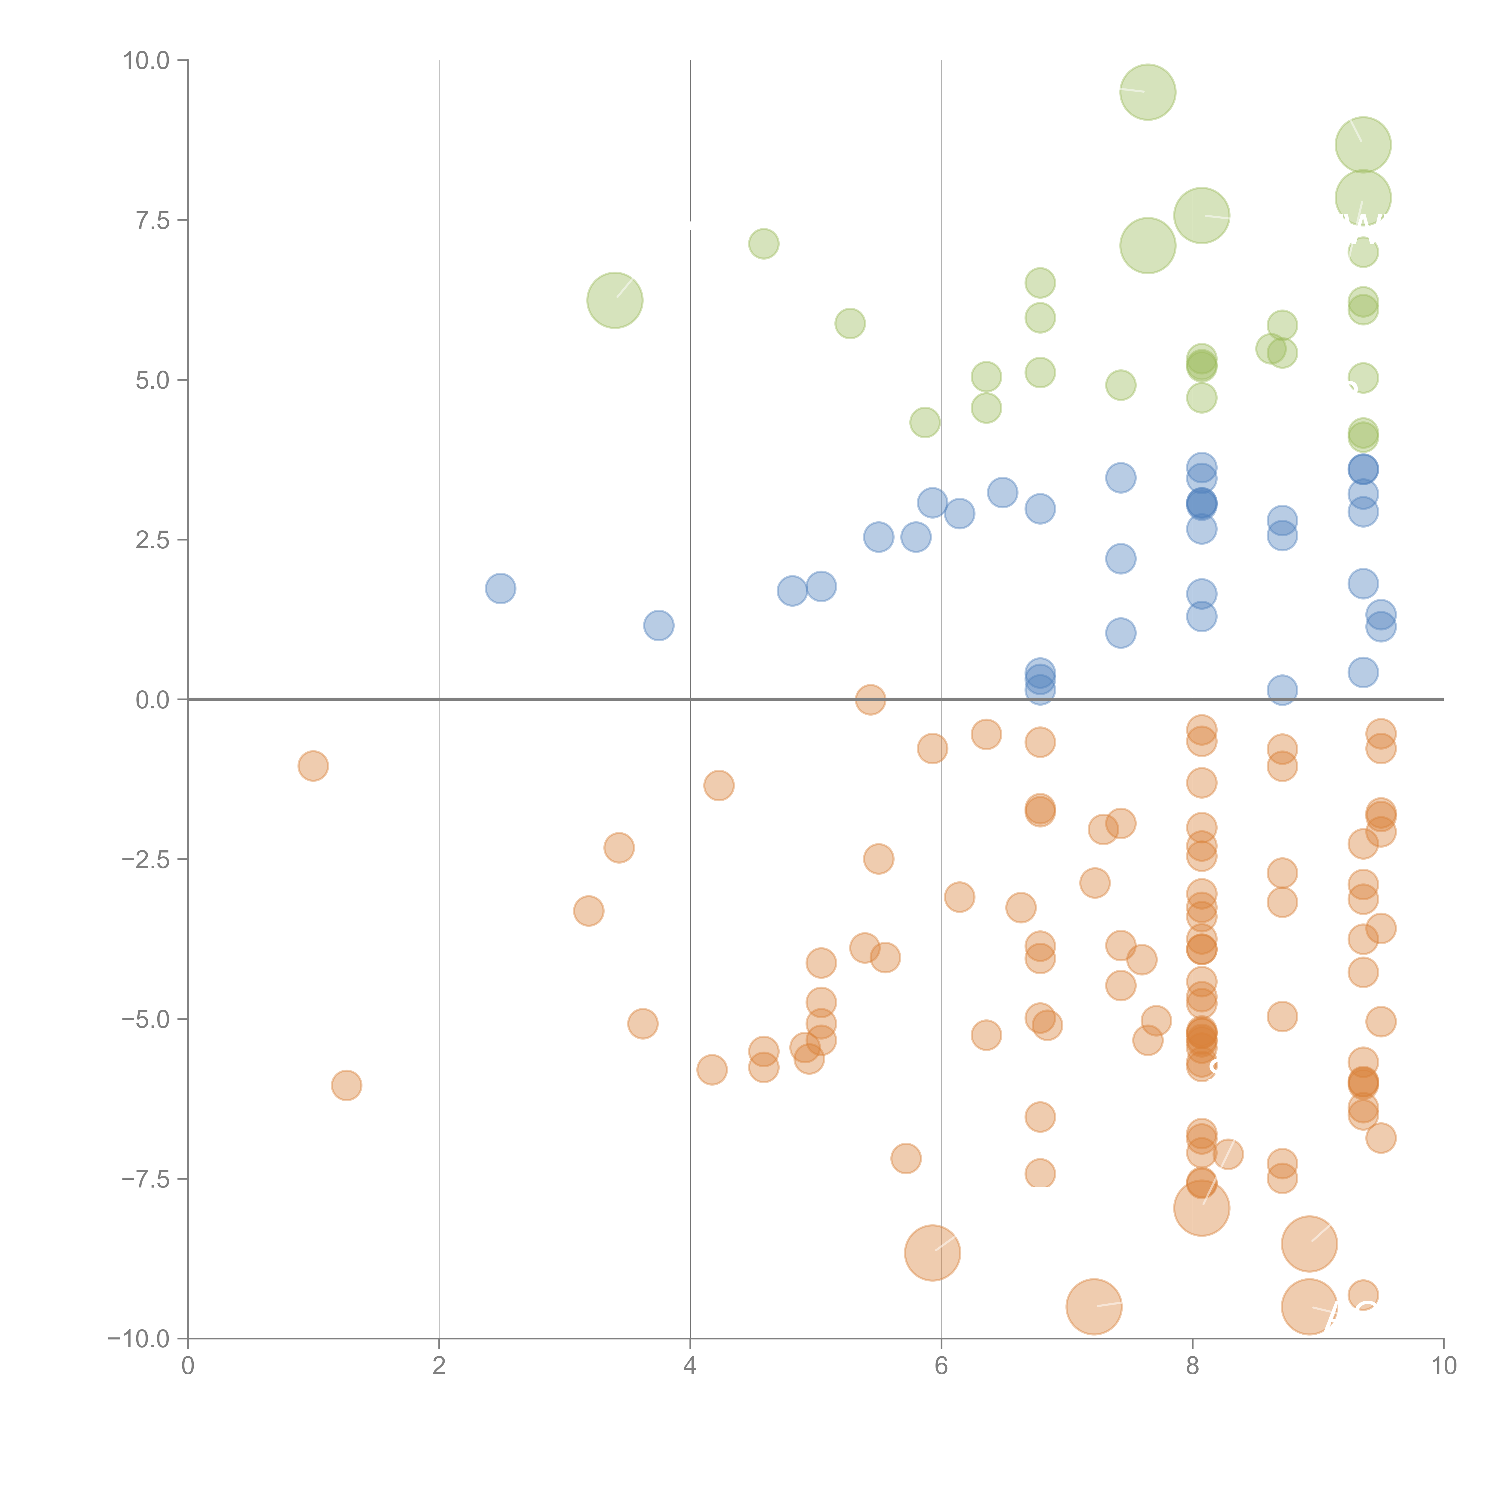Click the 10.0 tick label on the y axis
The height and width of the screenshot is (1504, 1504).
pos(146,61)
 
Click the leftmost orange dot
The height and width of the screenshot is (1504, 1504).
pos(313,766)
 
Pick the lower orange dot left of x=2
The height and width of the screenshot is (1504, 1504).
pos(347,1085)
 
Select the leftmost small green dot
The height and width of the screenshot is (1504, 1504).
pos(764,244)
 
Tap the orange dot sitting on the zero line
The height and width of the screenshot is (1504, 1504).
pos(870,700)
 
